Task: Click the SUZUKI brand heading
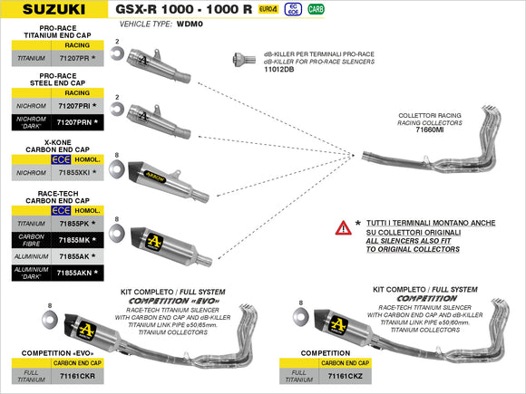(55, 11)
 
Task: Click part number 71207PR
(74, 57)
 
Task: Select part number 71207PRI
(74, 106)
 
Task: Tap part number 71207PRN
(74, 120)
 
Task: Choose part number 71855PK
(74, 223)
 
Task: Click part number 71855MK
(74, 239)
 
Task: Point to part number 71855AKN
(74, 272)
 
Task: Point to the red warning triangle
(343, 227)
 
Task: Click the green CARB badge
(315, 9)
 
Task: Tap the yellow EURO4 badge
(268, 9)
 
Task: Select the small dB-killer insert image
(239, 59)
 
